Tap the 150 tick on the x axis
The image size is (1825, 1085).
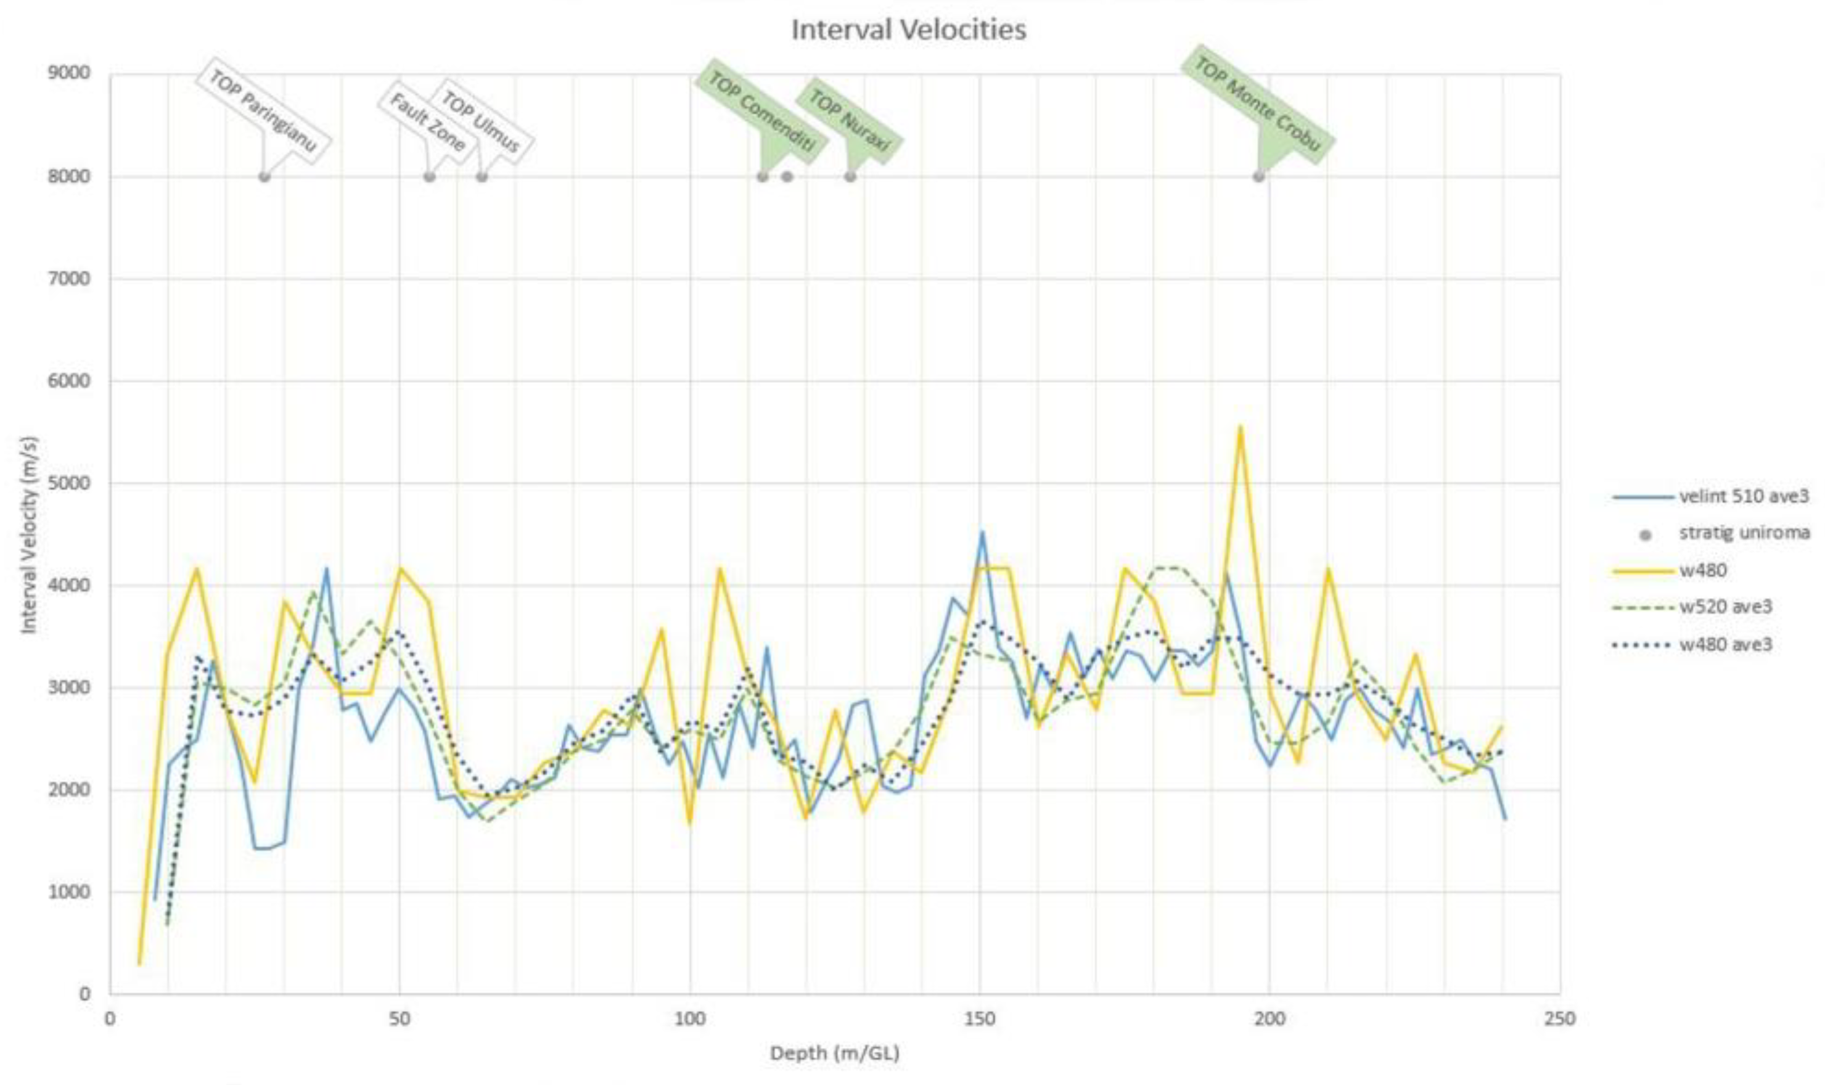click(x=979, y=1019)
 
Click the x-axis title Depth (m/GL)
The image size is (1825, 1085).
click(x=834, y=1053)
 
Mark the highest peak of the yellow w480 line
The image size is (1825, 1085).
click(x=1240, y=426)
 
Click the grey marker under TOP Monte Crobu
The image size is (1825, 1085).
click(x=1258, y=176)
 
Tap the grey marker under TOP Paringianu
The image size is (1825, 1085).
click(x=265, y=176)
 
